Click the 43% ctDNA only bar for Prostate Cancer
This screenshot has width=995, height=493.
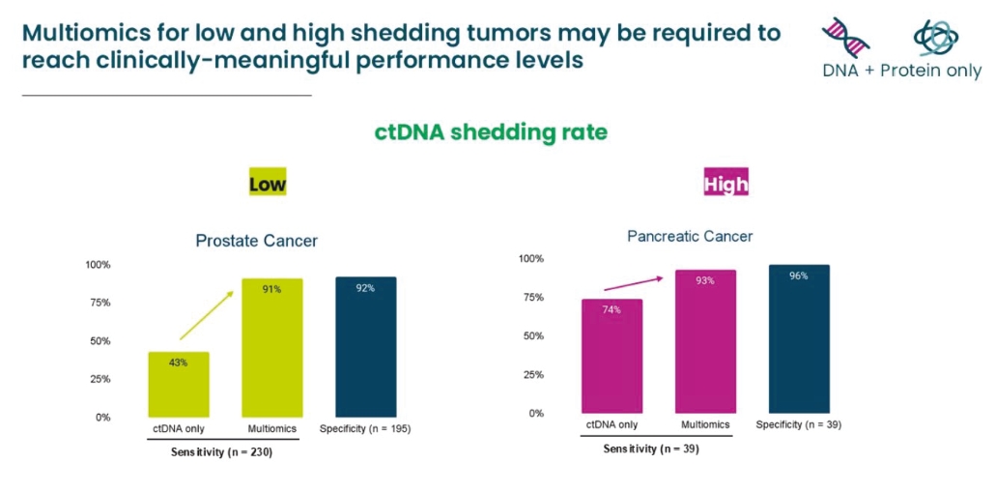179,385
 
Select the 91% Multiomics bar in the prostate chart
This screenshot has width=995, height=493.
271,348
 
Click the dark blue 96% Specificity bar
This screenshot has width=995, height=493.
799,339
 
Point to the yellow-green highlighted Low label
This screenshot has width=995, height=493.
268,183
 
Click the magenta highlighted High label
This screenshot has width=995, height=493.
726,183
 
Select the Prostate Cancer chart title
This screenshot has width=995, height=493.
256,241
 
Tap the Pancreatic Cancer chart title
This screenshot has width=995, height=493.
690,236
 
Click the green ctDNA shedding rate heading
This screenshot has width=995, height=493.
491,131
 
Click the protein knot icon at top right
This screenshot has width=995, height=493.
935,37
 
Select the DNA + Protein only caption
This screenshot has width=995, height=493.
901,71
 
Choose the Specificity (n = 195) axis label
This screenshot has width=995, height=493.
366,428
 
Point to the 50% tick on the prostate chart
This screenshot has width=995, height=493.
100,340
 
